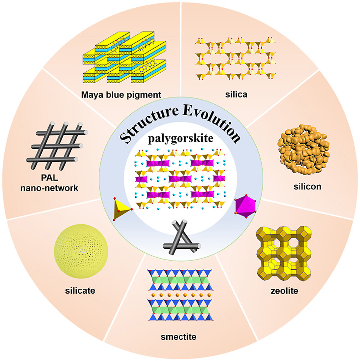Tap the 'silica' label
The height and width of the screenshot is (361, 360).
(236, 94)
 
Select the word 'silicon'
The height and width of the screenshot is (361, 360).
(307, 186)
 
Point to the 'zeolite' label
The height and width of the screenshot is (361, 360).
(284, 291)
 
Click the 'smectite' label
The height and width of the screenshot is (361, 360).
(179, 337)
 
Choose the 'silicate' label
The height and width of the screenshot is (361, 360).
(80, 291)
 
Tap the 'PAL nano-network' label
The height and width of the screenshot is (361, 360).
(50, 183)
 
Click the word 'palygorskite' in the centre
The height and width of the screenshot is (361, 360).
(180, 139)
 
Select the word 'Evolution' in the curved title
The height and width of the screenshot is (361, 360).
(212, 122)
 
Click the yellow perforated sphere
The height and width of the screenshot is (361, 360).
(81, 251)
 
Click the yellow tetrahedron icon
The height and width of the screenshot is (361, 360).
(122, 209)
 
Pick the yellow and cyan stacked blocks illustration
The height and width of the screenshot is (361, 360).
(124, 57)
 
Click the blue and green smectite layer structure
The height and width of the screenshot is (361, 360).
(180, 295)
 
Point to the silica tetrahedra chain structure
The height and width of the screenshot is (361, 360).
(236, 59)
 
